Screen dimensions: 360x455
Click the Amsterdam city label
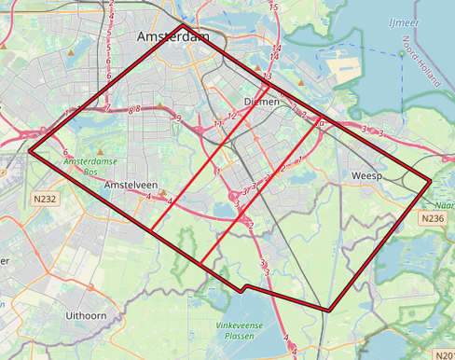[x=172, y=36]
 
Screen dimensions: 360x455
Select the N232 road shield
[x=44, y=199]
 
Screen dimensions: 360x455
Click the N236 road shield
[x=432, y=218]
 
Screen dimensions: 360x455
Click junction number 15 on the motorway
[x=272, y=7]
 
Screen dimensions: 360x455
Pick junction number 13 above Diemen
[x=268, y=76]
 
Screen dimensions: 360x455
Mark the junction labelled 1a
[x=320, y=122]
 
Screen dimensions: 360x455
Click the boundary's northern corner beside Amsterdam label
[x=200, y=35]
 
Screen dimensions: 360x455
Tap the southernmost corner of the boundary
[x=329, y=311]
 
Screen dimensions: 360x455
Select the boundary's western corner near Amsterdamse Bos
[x=30, y=148]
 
